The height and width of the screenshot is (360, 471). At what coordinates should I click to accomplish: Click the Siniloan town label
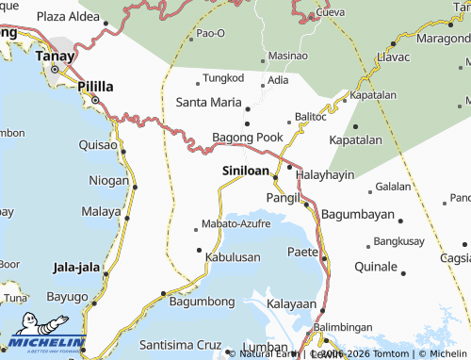click(x=245, y=171)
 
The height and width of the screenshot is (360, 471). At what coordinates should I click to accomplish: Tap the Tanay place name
click(x=56, y=56)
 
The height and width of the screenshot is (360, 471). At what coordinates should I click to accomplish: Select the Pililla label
click(x=94, y=86)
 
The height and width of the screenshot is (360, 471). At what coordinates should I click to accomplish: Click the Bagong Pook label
click(x=248, y=137)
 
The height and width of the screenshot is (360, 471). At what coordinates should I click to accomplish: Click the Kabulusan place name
click(x=233, y=256)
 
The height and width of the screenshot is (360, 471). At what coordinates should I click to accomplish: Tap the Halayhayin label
click(x=324, y=175)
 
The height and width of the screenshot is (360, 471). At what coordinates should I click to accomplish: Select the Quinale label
click(x=376, y=266)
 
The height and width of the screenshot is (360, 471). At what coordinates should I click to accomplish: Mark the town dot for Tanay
click(x=55, y=70)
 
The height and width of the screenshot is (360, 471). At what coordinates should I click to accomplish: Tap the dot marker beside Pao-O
click(x=190, y=34)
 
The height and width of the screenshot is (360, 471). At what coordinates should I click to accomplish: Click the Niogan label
click(x=108, y=180)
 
